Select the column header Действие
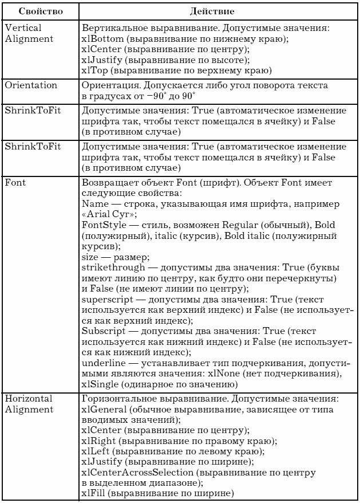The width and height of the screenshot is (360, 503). [x=217, y=10]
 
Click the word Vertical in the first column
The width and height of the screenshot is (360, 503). [x=23, y=27]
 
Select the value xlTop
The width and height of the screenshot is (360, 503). [x=94, y=70]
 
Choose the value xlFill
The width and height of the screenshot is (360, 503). [x=96, y=493]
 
